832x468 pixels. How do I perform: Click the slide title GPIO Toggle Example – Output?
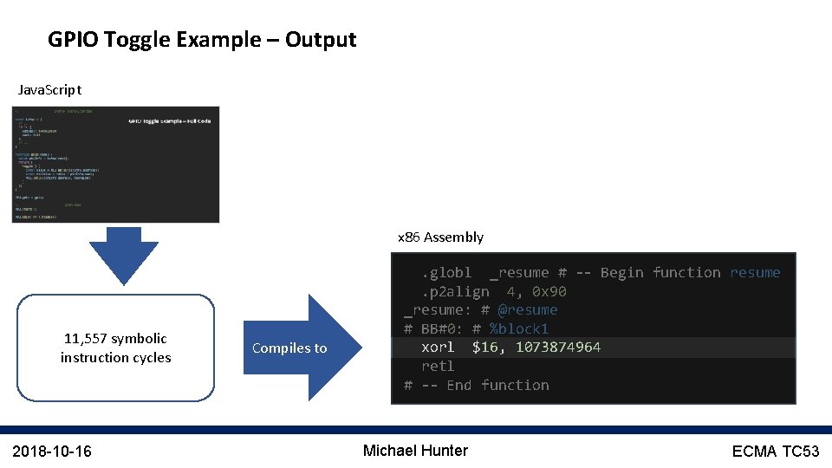click(202, 40)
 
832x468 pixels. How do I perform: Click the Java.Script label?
click(49, 90)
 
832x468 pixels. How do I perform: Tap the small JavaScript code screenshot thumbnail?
click(117, 165)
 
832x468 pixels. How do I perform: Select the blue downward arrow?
click(125, 256)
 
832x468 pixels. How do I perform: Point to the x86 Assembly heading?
click(440, 237)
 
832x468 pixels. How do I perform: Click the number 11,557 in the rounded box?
click(85, 339)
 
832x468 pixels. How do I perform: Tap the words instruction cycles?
click(115, 358)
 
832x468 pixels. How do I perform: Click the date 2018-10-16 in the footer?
click(53, 451)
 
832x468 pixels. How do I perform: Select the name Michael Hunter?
click(415, 451)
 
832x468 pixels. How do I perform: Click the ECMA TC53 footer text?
click(775, 451)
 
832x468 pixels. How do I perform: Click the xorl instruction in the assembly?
click(438, 348)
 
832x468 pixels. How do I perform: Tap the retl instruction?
click(438, 367)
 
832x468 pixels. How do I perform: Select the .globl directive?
click(446, 273)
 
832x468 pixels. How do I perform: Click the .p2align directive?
click(455, 292)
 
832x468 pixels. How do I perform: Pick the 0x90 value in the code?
click(549, 292)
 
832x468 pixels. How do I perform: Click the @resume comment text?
click(528, 310)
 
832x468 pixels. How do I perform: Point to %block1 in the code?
click(518, 329)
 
